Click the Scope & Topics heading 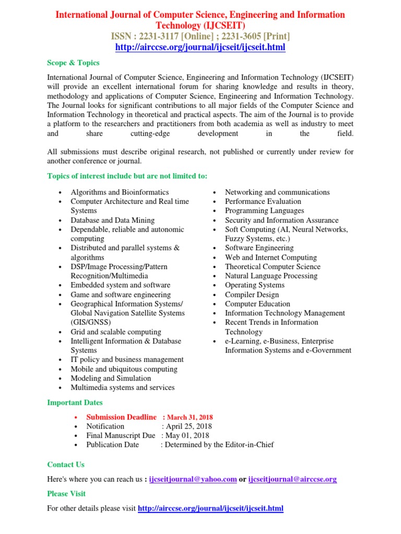point(73,63)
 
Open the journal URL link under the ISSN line point(200,47)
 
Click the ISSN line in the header point(200,36)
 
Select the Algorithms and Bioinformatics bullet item point(120,192)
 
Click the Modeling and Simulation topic point(111,379)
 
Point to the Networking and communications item point(277,192)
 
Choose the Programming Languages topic point(264,211)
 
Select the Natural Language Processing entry point(271,276)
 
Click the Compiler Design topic point(251,295)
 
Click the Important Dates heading point(75,403)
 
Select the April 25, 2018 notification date point(187,427)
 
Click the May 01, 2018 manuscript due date point(187,435)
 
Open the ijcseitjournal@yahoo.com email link point(193,479)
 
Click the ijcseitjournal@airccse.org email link point(292,479)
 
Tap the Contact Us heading point(66,465)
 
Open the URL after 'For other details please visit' point(210,508)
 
